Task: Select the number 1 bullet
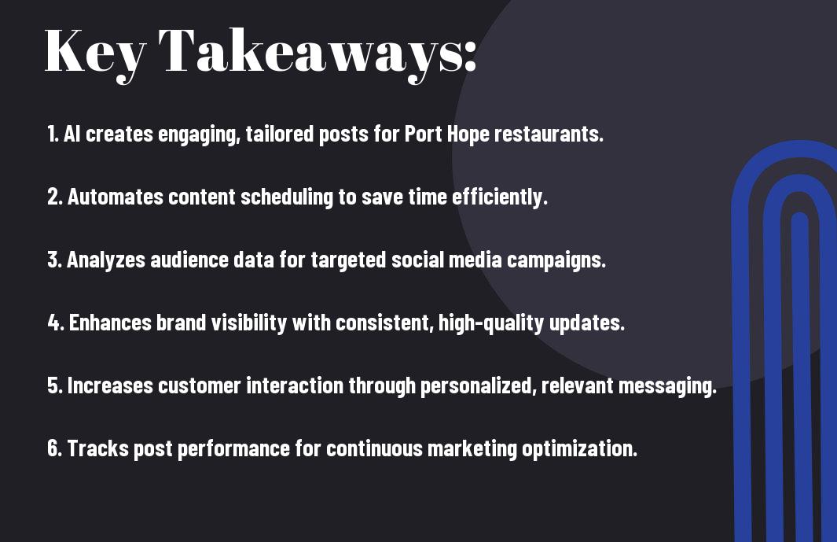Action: tap(53, 134)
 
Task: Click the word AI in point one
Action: tap(72, 134)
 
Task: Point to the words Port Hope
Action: tap(446, 135)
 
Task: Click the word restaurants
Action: tap(549, 135)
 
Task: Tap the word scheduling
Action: tap(287, 197)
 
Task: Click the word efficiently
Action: tap(500, 197)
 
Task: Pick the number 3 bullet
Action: tap(54, 260)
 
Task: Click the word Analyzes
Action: tap(106, 260)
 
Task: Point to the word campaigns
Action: tap(556, 260)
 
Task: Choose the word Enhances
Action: tap(111, 323)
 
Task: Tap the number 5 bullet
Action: tap(55, 385)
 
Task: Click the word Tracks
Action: tap(97, 448)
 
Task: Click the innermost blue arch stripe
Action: tap(799, 374)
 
